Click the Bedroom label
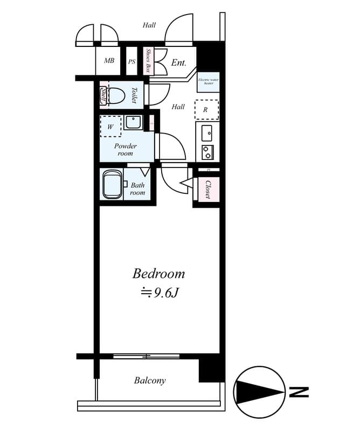pos(158,274)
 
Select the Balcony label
pos(150,381)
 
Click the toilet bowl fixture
pos(117,96)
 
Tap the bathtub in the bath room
pos(112,185)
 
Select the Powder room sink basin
pos(133,122)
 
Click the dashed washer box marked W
pos(110,127)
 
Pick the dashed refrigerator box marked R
pos(206,110)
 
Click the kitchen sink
pos(206,132)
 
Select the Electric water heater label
pos(207,81)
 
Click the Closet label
pos(207,189)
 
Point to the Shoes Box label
pos(149,60)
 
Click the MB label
pos(109,61)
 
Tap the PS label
pos(131,61)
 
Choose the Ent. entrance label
pos(178,63)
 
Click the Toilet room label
pos(134,96)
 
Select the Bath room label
pos(137,189)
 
